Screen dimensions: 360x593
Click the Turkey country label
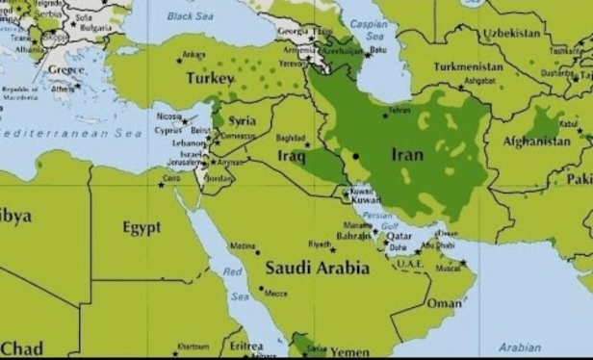209,77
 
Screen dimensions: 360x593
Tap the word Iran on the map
407,153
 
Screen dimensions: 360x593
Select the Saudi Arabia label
317,268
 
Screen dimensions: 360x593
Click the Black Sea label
190,16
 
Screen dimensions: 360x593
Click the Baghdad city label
291,138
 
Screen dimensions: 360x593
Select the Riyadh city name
320,244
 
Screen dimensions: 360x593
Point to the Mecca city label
275,294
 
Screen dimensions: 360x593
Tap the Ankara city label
193,54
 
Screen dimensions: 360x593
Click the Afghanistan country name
536,141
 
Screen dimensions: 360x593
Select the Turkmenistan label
468,67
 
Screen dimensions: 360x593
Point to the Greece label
66,69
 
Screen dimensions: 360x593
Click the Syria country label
242,121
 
